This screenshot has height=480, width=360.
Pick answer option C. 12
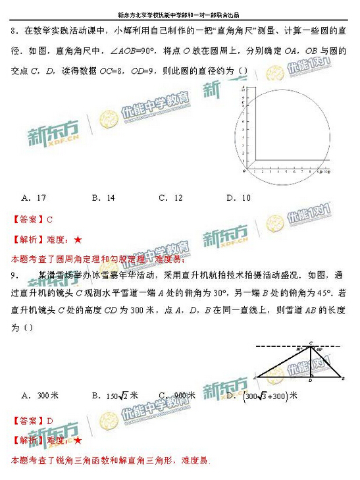tap(170, 197)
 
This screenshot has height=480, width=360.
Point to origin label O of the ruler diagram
tap(244, 170)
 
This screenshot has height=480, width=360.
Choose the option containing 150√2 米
tap(113, 396)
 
